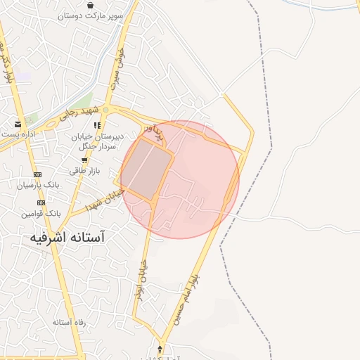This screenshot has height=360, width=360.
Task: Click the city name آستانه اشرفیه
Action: [67, 238]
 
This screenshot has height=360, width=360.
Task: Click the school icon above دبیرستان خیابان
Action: [97, 126]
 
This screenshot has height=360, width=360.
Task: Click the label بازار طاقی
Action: [84, 171]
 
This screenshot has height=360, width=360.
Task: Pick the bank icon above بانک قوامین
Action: [41, 202]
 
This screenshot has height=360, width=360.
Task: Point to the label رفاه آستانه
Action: [68, 321]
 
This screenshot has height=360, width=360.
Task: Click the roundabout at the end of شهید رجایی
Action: [106, 110]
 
